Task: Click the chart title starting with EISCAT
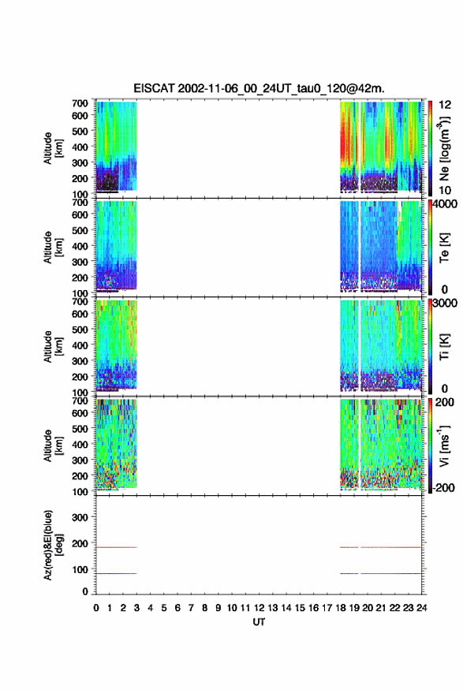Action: [x=259, y=88]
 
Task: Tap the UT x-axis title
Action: [x=260, y=622]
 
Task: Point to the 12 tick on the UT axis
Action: [x=260, y=608]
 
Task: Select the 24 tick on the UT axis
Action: [x=422, y=608]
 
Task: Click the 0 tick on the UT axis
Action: [x=96, y=608]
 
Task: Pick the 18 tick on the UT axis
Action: [x=341, y=608]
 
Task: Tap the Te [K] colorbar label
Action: [x=444, y=248]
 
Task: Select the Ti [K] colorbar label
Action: [x=444, y=347]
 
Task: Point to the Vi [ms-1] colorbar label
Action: [x=444, y=445]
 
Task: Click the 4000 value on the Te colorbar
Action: [x=444, y=203]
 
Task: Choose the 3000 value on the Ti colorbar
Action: [x=444, y=304]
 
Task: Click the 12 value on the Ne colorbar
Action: [x=445, y=105]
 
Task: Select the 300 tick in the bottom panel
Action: [x=80, y=517]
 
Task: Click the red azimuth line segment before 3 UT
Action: [x=116, y=547]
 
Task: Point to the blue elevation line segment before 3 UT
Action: [x=116, y=573]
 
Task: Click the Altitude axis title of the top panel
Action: [x=53, y=148]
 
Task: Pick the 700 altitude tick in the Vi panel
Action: [x=80, y=401]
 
